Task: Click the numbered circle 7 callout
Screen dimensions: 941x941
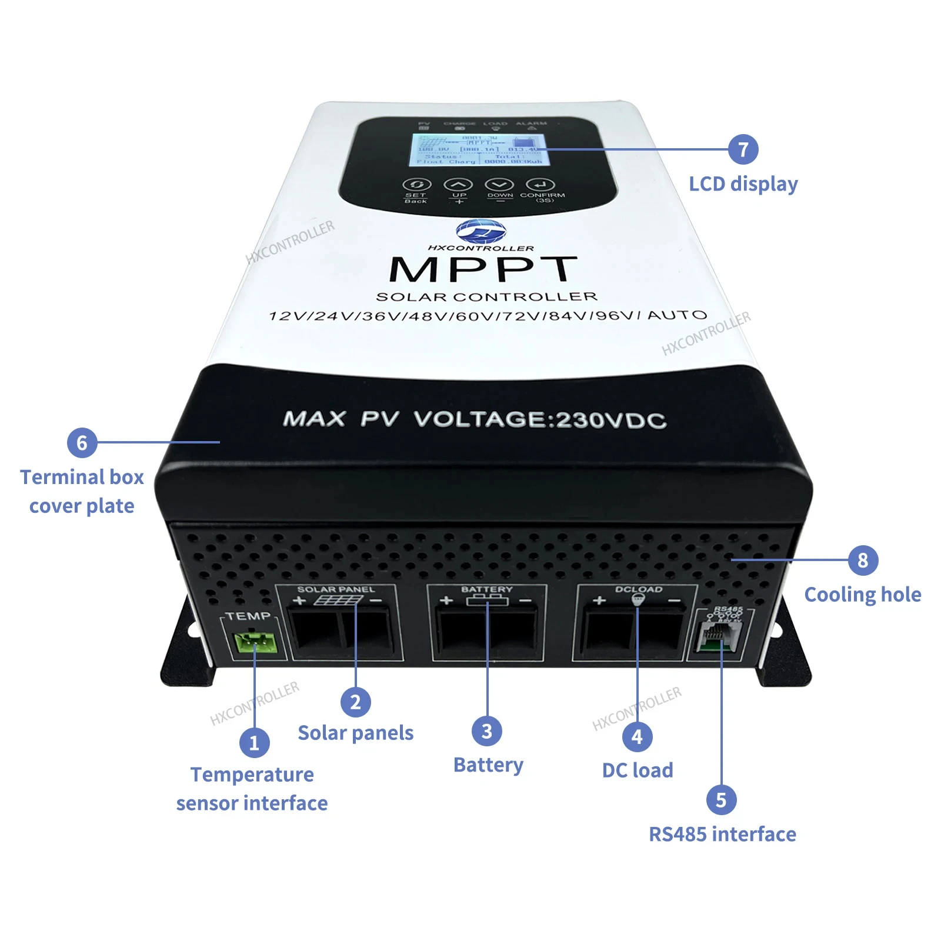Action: (743, 149)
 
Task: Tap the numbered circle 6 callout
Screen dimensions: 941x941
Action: (82, 442)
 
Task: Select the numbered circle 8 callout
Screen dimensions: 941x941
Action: (863, 560)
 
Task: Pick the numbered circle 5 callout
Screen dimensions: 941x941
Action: (721, 800)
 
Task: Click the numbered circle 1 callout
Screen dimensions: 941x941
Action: (254, 743)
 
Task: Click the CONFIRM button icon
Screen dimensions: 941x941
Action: (540, 185)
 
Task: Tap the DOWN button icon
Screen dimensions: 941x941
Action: (499, 185)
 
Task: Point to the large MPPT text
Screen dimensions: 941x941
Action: (483, 270)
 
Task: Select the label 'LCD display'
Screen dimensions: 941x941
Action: (743, 184)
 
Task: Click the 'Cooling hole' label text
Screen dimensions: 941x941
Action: (863, 595)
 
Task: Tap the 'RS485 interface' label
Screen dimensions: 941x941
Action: (722, 834)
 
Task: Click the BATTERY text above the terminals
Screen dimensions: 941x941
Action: (487, 589)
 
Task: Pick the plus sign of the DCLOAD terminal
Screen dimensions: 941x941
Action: (599, 600)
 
